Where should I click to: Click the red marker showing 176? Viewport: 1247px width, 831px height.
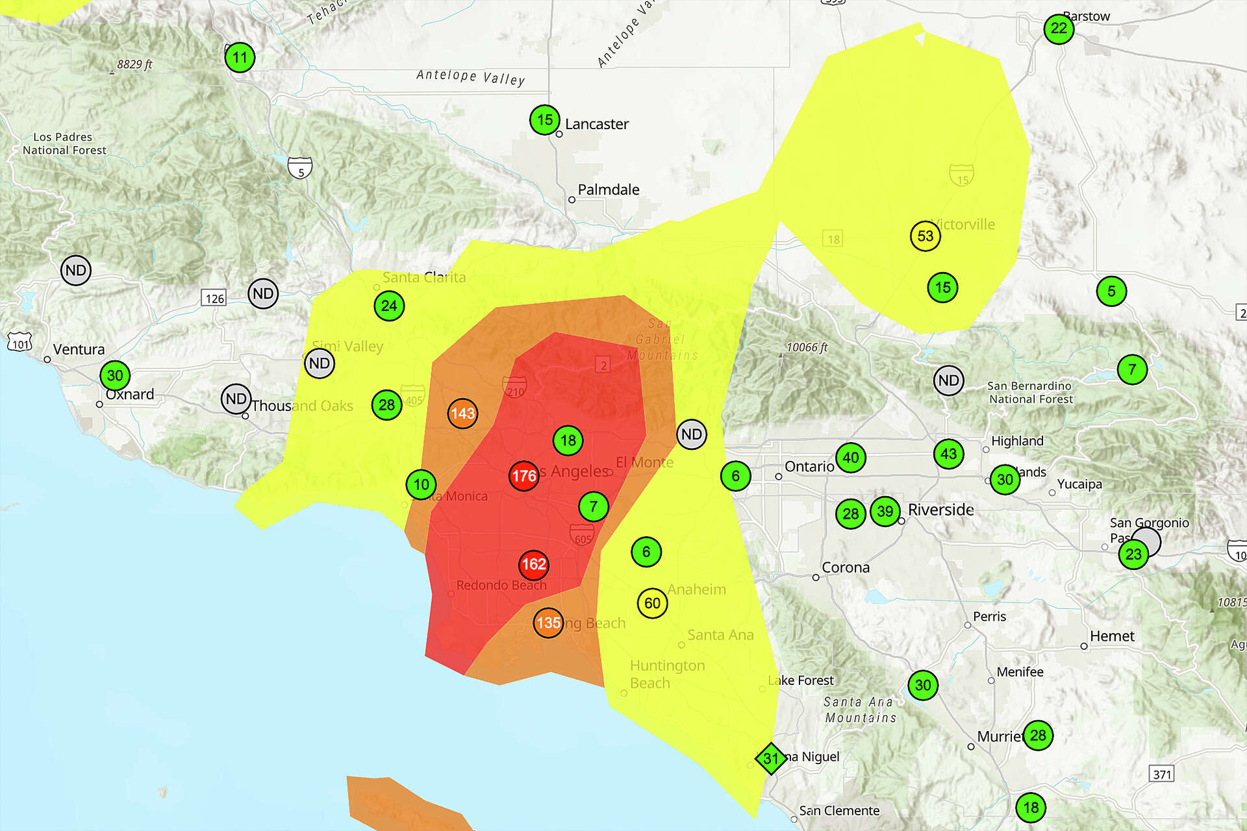(x=523, y=476)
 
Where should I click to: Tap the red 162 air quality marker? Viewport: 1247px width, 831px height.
(x=534, y=564)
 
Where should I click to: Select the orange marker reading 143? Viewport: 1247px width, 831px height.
(x=462, y=414)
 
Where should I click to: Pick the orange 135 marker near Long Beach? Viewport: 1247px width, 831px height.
(x=548, y=623)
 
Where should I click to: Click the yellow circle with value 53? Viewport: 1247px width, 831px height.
(x=926, y=236)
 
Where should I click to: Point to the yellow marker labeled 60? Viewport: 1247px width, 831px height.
(x=652, y=603)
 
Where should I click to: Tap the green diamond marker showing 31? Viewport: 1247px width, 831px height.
(x=771, y=758)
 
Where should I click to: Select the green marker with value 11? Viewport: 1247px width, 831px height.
(x=240, y=58)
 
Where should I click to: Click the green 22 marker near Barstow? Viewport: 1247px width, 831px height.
(x=1059, y=29)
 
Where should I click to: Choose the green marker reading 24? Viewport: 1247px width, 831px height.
(x=389, y=306)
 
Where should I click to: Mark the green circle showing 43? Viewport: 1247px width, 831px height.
(x=948, y=454)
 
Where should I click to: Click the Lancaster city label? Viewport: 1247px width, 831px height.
(x=596, y=124)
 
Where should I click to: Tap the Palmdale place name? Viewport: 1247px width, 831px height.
(x=609, y=190)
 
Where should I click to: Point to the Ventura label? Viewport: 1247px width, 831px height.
(x=79, y=349)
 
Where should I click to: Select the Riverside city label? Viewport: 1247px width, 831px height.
(x=940, y=510)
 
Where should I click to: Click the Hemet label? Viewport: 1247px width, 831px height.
(x=1112, y=636)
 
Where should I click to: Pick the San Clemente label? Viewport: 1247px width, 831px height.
(x=839, y=811)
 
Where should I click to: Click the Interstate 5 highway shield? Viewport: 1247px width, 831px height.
(x=300, y=168)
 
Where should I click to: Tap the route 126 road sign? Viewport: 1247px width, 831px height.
(x=214, y=299)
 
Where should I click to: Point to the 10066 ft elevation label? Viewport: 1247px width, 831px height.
(x=807, y=347)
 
